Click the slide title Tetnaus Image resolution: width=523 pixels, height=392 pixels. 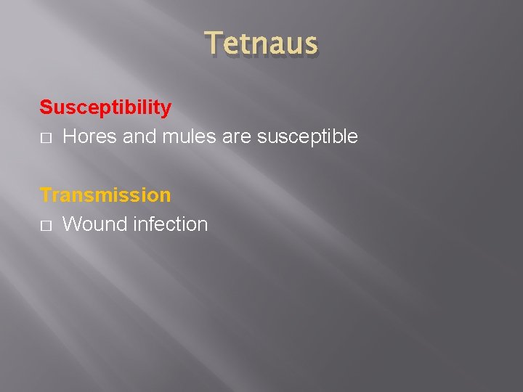pos(261,44)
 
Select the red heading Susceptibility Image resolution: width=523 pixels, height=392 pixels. pos(105,108)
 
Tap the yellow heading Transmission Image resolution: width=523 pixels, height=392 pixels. pos(105,195)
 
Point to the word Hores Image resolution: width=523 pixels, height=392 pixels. pos(91,136)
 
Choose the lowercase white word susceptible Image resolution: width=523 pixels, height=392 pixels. pos(306,137)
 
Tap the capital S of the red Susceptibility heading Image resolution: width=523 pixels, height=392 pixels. pos(46,108)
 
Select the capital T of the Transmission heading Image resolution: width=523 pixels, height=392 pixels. pos(46,195)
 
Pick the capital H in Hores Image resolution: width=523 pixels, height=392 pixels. pos(70,136)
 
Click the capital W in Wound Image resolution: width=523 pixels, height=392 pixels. pos(73,224)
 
